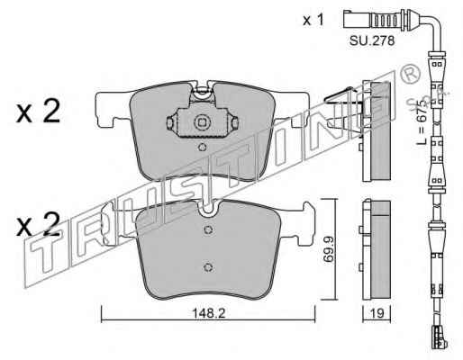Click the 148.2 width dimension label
click(x=208, y=313)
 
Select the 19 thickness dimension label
click(x=377, y=313)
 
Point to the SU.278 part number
click(x=372, y=40)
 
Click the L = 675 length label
click(x=422, y=122)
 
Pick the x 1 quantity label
click(x=313, y=20)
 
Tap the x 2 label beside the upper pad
click(x=39, y=112)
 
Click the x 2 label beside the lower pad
click(x=39, y=224)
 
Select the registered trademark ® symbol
click(x=409, y=74)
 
